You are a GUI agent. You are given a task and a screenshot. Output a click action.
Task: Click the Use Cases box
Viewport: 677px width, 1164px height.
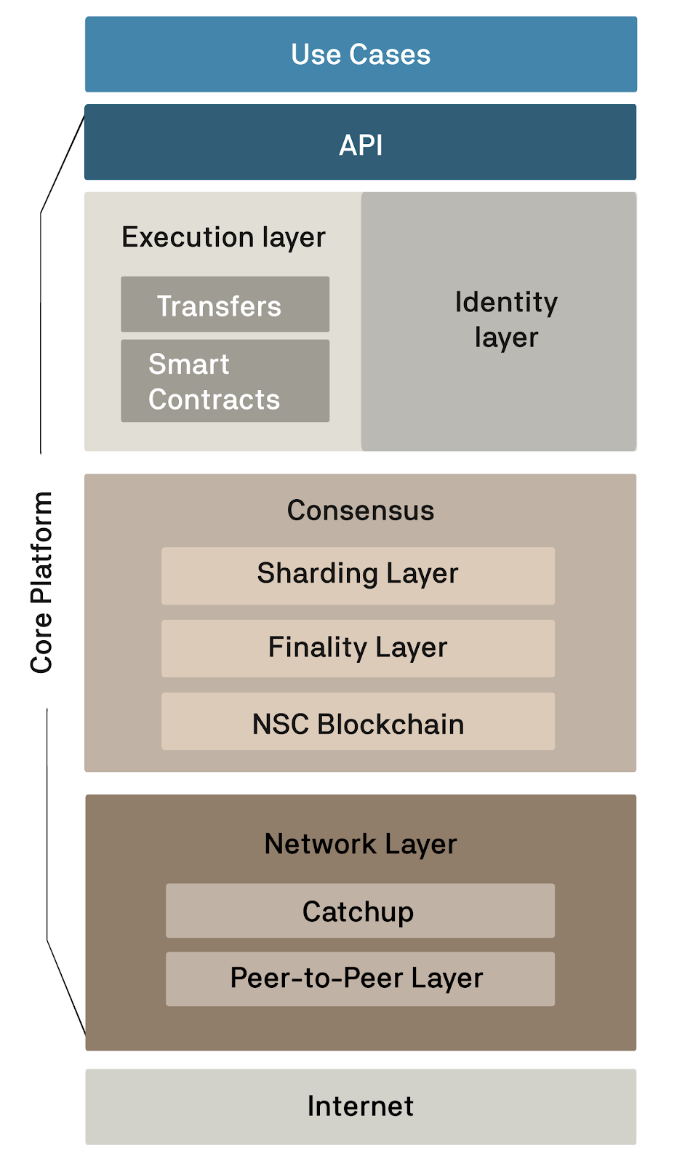point(361,55)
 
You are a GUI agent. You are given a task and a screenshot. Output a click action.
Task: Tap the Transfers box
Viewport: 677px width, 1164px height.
point(225,305)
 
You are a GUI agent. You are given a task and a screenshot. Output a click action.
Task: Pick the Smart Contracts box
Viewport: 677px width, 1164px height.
point(225,381)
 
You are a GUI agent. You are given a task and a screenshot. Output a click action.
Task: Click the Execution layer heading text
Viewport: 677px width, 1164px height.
point(223,237)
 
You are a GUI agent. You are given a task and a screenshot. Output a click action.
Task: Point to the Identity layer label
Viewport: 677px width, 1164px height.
point(506,319)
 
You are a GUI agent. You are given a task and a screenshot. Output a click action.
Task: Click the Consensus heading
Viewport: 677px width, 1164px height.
point(361,511)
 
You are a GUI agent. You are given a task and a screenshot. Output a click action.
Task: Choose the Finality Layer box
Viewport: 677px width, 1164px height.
point(358,648)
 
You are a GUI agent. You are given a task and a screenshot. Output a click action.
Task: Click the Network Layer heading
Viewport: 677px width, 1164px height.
point(361,844)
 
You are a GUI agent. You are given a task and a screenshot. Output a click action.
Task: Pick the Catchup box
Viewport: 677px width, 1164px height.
point(360,911)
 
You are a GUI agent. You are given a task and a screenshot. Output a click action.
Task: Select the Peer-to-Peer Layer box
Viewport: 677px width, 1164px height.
point(360,979)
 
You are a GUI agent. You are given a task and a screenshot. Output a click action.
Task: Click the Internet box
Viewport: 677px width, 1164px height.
point(361,1107)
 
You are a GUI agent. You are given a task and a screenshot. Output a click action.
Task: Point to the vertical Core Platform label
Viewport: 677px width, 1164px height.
point(41,582)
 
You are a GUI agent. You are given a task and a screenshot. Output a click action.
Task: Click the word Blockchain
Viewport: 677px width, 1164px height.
point(390,725)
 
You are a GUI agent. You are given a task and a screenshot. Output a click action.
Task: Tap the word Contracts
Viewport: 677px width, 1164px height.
point(214,399)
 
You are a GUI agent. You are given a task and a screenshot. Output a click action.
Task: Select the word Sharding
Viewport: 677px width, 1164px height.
point(317,574)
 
